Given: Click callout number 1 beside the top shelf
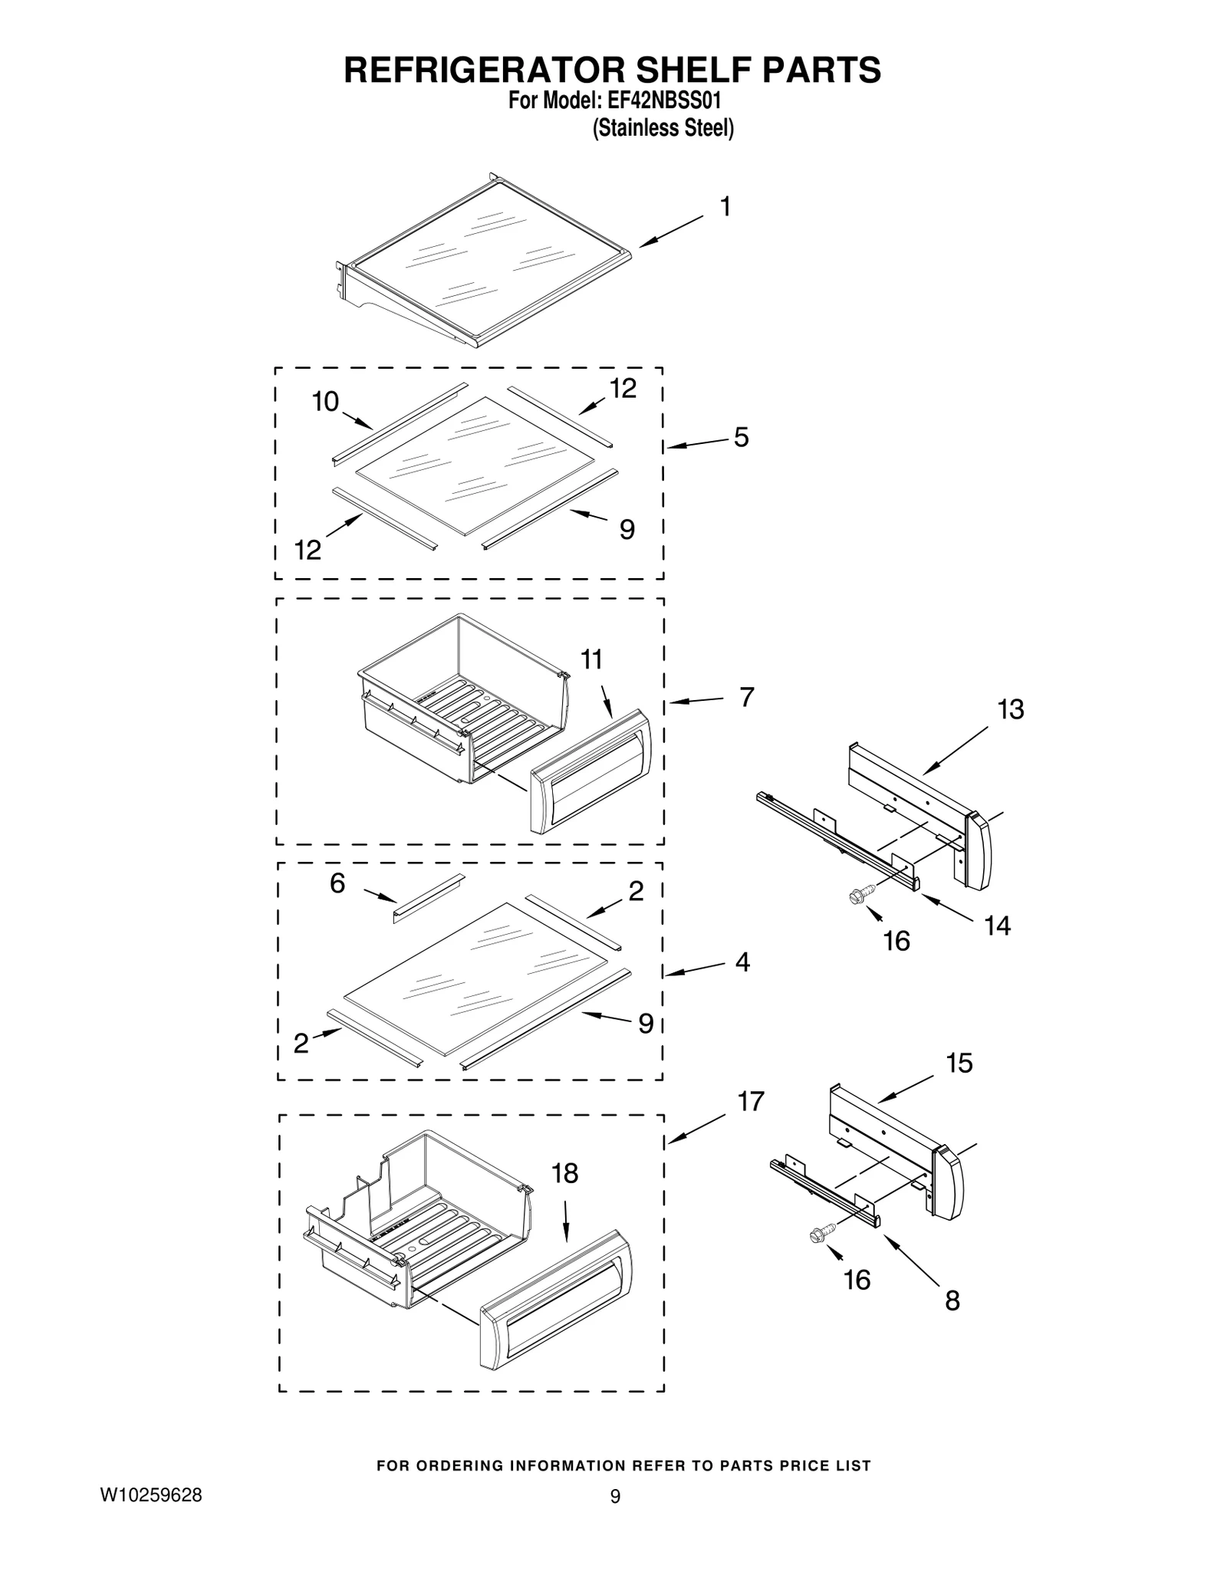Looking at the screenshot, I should click(x=725, y=207).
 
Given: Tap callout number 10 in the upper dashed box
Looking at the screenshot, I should click(x=326, y=402).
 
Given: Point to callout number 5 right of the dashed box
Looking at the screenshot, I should click(x=741, y=437).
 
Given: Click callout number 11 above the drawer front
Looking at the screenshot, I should click(x=591, y=659).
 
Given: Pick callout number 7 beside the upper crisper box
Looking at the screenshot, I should click(x=747, y=697).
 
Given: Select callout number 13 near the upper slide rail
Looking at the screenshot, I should click(x=1011, y=710).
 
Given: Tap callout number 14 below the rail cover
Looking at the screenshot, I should click(x=997, y=926).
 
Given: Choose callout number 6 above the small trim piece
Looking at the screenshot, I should click(x=337, y=883).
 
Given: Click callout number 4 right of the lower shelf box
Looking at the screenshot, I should click(x=742, y=962).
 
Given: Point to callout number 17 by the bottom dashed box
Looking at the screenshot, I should click(x=751, y=1101).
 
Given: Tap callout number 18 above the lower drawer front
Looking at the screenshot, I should click(x=565, y=1173).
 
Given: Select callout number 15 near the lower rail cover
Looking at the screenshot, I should click(x=959, y=1063).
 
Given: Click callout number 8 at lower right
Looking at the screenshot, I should click(x=952, y=1301).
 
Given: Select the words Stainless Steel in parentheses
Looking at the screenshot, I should click(x=663, y=128).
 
